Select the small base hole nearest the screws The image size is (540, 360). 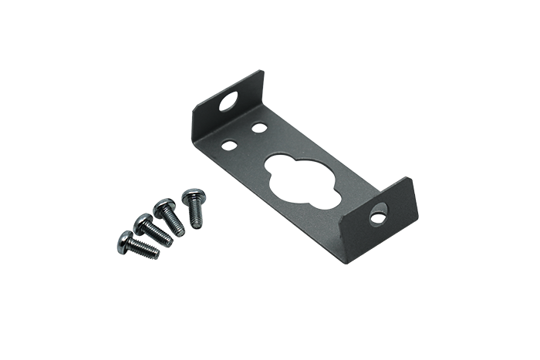tap(229, 143)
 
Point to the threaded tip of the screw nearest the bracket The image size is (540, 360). tap(200, 224)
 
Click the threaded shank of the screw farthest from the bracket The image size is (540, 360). tap(151, 249)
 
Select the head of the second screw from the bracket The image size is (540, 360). tap(164, 206)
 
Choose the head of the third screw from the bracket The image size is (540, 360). tap(142, 223)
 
